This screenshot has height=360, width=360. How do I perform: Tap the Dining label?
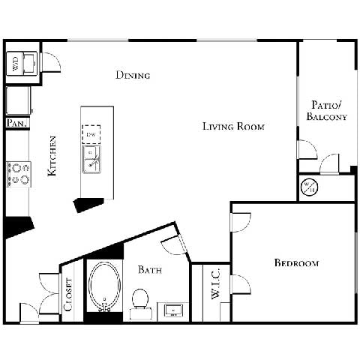click(x=133, y=75)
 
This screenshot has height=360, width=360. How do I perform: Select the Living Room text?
click(x=233, y=126)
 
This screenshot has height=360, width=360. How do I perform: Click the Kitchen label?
click(x=52, y=155)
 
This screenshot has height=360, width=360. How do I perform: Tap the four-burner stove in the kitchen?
click(x=18, y=174)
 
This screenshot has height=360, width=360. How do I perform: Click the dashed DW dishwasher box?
click(x=91, y=133)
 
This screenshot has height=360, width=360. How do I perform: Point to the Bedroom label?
click(x=296, y=263)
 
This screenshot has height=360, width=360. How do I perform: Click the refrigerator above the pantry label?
click(x=16, y=99)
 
